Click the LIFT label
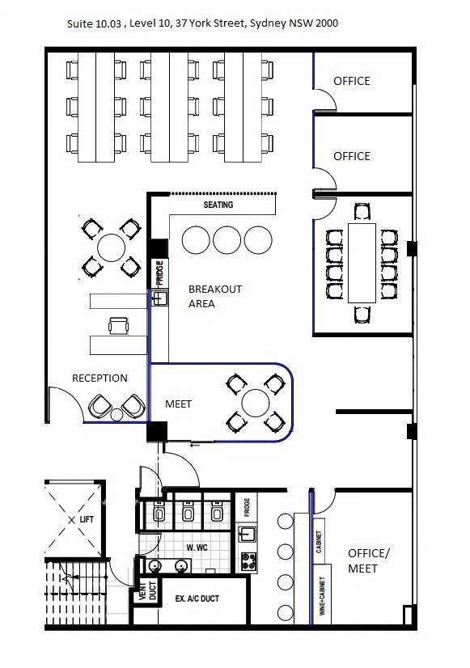tap(87, 519)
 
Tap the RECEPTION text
tap(100, 378)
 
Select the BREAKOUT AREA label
tap(214, 297)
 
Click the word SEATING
tap(218, 205)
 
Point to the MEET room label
tap(178, 404)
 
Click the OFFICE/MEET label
tap(369, 560)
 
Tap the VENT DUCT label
tap(148, 590)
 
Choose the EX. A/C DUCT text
tap(197, 598)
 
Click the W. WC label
tap(197, 548)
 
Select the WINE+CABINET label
tap(322, 595)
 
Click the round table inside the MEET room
tap(256, 403)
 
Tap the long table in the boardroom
tap(362, 263)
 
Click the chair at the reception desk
tap(118, 326)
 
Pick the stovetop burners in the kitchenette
tap(248, 561)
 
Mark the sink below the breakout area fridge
tap(159, 298)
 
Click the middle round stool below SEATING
tap(227, 240)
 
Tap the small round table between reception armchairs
tap(116, 415)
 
